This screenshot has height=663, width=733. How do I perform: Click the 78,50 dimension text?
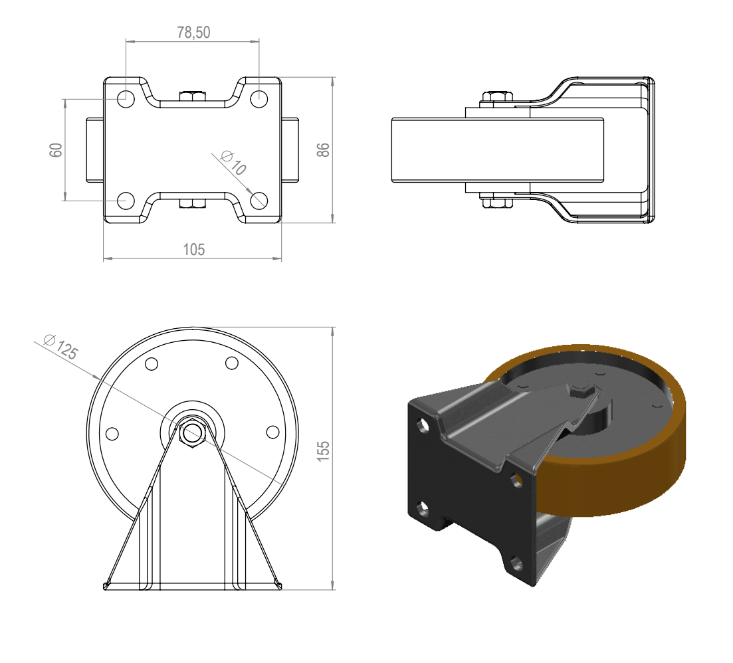(x=193, y=33)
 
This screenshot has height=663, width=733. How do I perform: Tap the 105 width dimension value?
(x=193, y=250)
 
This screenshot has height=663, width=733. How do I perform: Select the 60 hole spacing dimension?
(x=56, y=150)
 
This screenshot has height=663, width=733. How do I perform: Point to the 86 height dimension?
(x=323, y=150)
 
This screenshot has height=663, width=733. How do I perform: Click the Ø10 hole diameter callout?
(x=233, y=162)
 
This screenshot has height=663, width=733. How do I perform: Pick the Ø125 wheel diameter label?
(x=60, y=346)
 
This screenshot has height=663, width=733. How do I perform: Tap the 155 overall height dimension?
(x=323, y=451)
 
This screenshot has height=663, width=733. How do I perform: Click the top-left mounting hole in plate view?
(x=126, y=99)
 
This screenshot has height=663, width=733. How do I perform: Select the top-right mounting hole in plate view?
(x=259, y=99)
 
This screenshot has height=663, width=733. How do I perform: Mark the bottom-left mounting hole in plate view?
(x=126, y=201)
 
